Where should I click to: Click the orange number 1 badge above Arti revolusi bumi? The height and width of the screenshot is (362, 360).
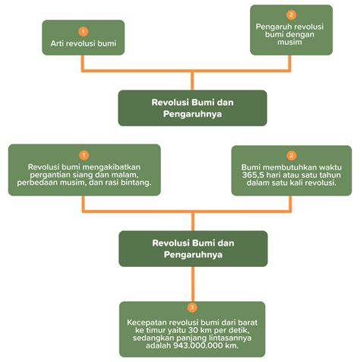[84, 32]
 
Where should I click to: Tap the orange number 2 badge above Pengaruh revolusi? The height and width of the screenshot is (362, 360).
[291, 15]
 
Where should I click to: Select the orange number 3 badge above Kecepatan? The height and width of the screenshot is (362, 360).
[192, 307]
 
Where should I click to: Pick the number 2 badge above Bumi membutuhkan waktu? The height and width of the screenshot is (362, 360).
[291, 155]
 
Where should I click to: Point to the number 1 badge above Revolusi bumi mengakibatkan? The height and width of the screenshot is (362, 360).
[84, 155]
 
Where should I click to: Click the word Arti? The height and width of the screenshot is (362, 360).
[56, 43]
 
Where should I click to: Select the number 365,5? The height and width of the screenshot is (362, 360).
[252, 175]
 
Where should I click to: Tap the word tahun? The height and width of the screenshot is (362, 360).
[330, 175]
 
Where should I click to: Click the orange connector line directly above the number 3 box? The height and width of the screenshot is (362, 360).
[193, 284]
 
